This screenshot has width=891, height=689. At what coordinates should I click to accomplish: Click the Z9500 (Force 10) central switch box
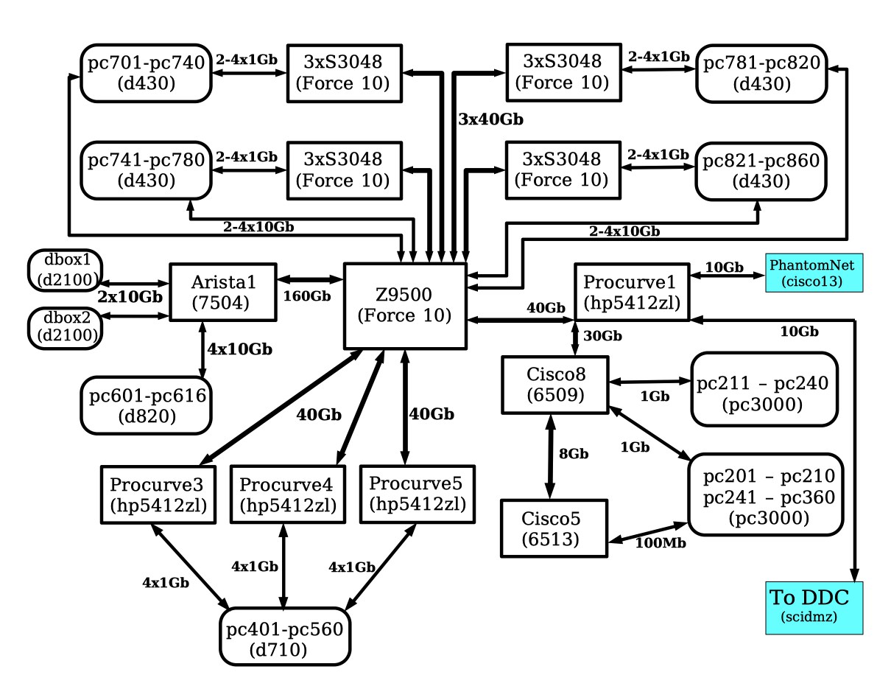point(406,307)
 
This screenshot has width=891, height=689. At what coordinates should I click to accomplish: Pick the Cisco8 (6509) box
point(554,384)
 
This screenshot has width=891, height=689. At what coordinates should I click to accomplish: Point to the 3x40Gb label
point(490,119)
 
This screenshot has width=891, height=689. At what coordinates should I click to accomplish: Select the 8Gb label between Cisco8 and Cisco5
point(574,454)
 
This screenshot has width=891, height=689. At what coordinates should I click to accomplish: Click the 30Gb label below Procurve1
point(602,336)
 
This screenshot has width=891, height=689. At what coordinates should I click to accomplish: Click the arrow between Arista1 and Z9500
point(310,279)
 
